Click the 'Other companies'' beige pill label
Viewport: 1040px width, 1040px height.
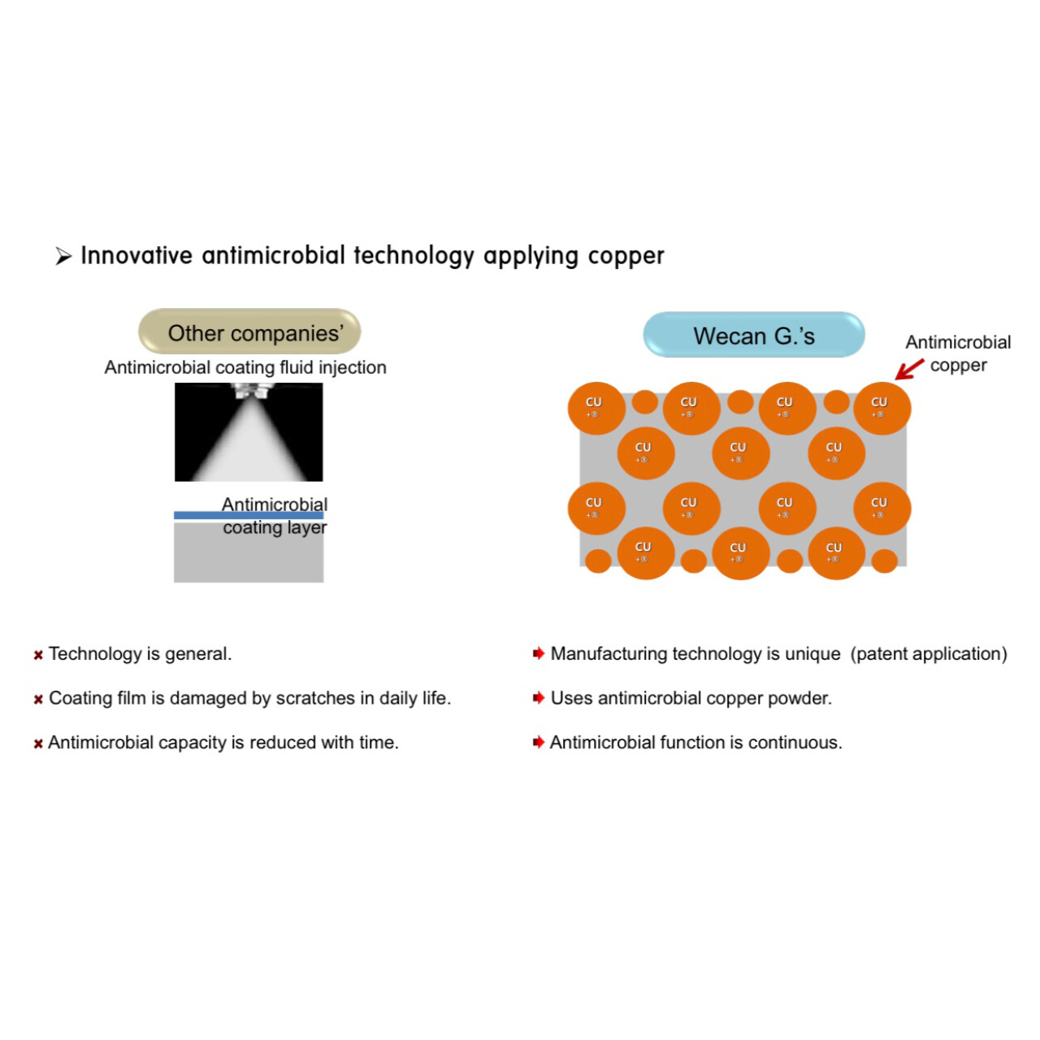click(x=249, y=331)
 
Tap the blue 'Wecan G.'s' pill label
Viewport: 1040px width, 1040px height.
click(x=753, y=335)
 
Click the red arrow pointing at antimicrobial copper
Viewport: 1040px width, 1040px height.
click(x=909, y=369)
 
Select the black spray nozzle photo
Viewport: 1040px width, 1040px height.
click(x=249, y=431)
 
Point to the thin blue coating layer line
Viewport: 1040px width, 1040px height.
click(x=249, y=515)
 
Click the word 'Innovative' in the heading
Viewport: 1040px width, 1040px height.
click(x=136, y=255)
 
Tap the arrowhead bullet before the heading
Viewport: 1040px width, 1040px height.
click(x=63, y=257)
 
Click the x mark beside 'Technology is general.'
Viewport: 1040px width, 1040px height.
click(x=38, y=655)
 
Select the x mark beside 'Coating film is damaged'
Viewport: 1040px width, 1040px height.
click(x=38, y=700)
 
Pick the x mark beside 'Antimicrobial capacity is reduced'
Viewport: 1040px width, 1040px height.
click(x=38, y=743)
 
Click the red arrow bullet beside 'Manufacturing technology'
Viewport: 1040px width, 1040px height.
click(x=538, y=653)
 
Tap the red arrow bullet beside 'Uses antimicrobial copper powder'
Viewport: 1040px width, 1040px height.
click(x=538, y=698)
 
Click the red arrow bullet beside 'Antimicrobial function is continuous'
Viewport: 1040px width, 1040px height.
click(x=538, y=742)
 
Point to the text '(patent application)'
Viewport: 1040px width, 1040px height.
click(x=929, y=654)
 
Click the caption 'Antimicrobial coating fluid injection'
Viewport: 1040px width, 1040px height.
click(x=245, y=367)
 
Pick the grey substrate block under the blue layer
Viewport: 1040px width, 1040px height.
click(x=249, y=552)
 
